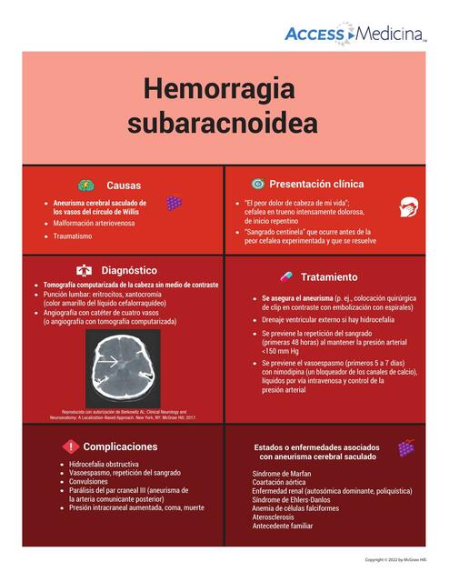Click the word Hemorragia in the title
pos(219,90)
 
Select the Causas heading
pos(124,186)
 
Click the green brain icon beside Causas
pos(85,185)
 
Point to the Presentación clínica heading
pos(316,184)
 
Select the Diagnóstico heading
pos(129,270)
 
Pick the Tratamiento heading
pos(329,276)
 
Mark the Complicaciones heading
pos(120,447)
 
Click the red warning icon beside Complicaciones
pos(72,447)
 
